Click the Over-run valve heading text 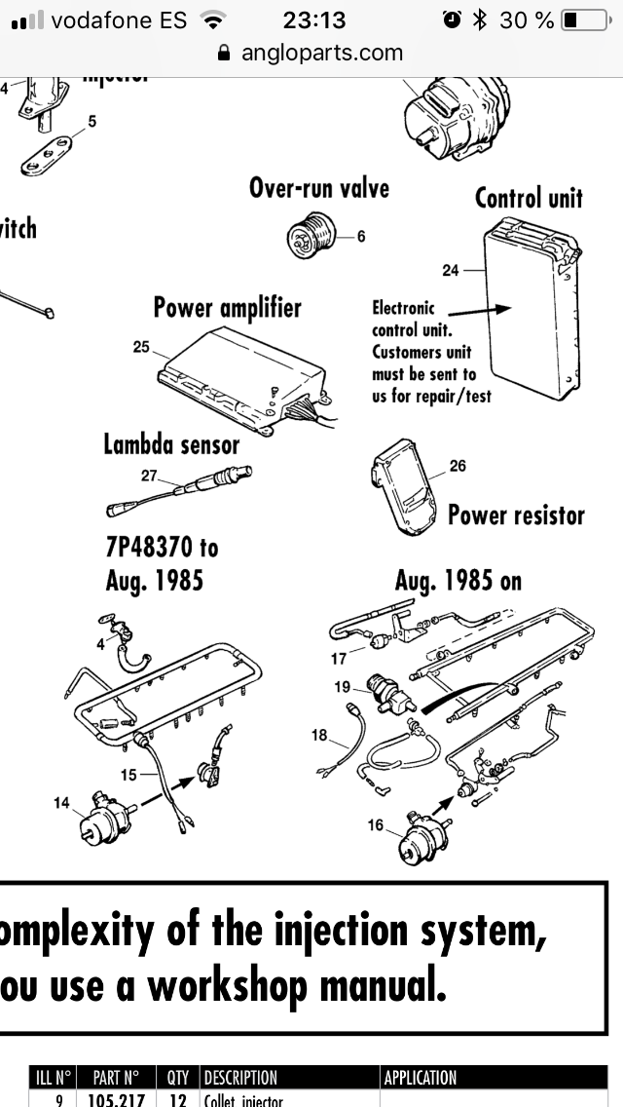click(x=318, y=187)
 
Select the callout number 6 click(x=360, y=236)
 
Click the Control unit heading click(x=528, y=198)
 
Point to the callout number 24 click(x=450, y=270)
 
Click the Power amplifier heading click(x=228, y=308)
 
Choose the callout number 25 click(x=140, y=347)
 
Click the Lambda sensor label click(x=171, y=444)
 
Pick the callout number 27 click(x=149, y=476)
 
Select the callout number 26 click(x=458, y=466)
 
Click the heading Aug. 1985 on click(x=458, y=581)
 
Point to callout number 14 click(x=62, y=802)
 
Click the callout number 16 click(x=376, y=824)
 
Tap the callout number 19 click(x=342, y=686)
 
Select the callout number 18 click(x=319, y=735)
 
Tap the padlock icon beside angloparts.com click(x=225, y=54)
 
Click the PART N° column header click(x=116, y=1078)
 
